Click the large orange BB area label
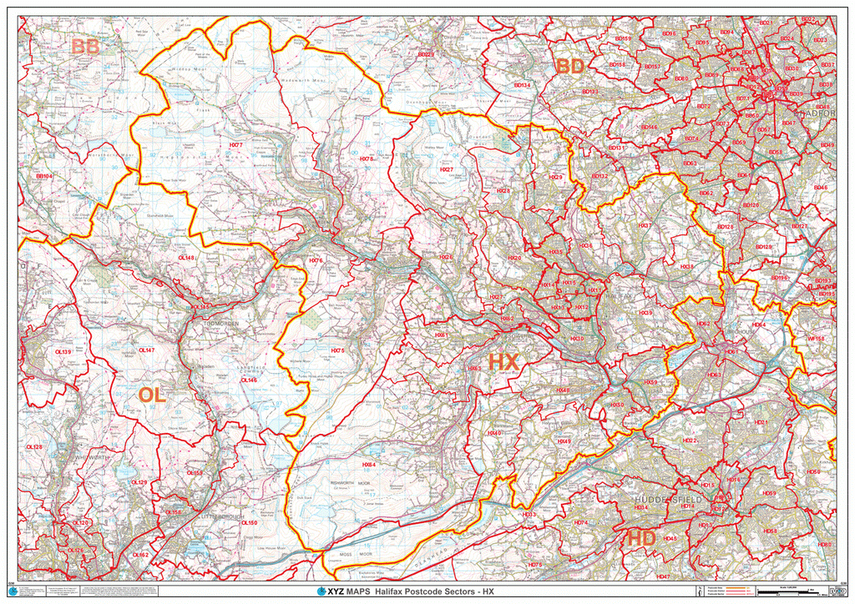(x=85, y=48)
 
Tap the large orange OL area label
(x=152, y=395)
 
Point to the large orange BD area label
(x=569, y=66)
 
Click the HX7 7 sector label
(x=235, y=145)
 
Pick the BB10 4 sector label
(x=44, y=177)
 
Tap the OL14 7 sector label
(x=146, y=350)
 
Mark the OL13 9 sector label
(x=63, y=352)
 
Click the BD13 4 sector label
(x=522, y=85)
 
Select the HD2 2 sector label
(x=689, y=440)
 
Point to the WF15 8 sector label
(x=816, y=339)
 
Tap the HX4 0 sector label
(x=494, y=434)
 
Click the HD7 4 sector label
(x=581, y=523)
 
